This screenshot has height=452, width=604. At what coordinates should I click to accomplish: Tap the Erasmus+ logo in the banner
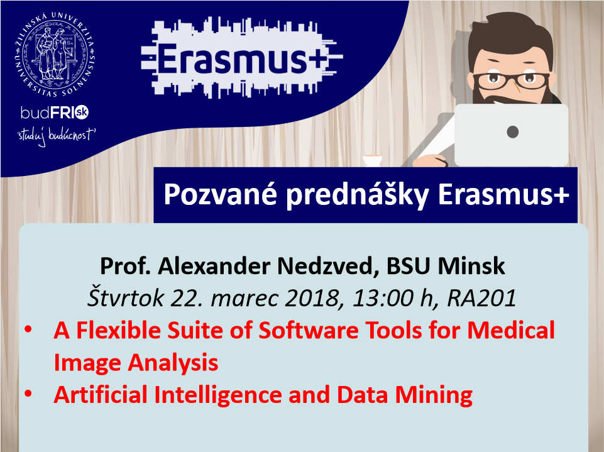[241, 57]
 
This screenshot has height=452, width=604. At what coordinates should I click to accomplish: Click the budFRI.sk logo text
[55, 112]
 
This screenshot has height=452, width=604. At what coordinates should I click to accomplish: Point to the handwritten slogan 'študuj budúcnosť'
[56, 136]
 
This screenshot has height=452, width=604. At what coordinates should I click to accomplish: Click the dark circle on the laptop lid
[512, 132]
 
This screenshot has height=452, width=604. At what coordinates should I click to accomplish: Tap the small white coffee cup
[373, 160]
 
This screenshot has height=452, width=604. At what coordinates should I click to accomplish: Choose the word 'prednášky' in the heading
[357, 195]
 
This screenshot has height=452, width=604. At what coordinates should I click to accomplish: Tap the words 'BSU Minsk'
[446, 266]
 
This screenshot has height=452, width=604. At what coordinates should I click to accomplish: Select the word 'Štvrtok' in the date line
[126, 297]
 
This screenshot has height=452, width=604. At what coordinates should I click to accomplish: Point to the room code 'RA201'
[481, 298]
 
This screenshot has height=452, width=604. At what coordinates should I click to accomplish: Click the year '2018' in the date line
[312, 298]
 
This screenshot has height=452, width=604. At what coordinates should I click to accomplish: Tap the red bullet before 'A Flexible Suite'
[28, 330]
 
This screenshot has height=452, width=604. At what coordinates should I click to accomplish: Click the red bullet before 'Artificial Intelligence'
[28, 394]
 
